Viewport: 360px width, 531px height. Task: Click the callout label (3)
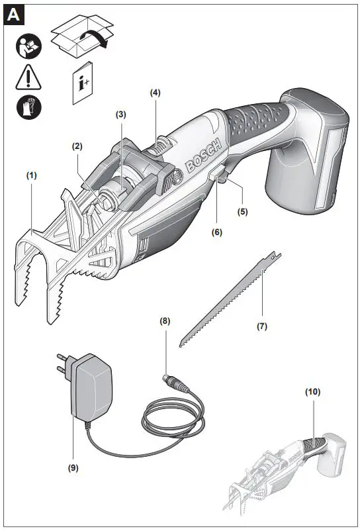tap(120, 115)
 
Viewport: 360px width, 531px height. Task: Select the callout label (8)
tap(165, 320)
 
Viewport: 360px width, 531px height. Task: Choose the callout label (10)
tap(313, 391)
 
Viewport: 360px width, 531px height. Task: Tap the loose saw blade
tap(228, 301)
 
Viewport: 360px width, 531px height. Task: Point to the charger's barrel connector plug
tap(173, 383)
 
